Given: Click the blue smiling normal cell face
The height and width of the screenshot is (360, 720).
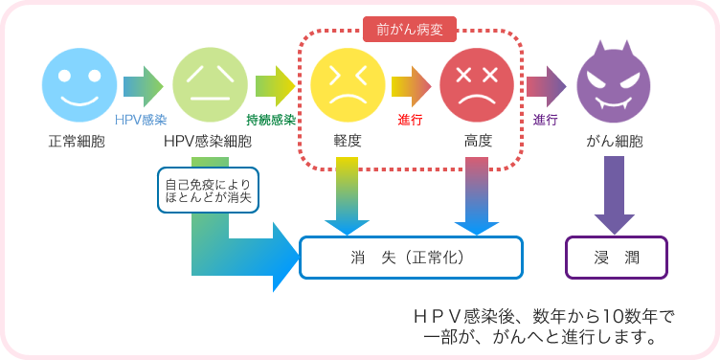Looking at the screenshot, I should click(78, 85).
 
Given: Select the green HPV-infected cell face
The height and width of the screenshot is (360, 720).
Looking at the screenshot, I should click(208, 85).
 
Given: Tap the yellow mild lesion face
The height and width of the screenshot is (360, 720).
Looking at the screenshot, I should click(347, 85).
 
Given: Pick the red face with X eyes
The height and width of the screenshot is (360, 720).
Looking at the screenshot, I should click(477, 85).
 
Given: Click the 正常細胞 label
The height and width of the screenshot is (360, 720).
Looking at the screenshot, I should click(78, 141).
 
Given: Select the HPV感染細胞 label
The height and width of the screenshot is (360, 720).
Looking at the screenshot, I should click(208, 141).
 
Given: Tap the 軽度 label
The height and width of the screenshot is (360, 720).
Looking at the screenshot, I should click(347, 141).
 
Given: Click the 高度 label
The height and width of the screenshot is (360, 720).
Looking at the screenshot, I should click(478, 141).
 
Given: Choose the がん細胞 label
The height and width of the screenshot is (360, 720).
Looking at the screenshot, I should click(614, 141).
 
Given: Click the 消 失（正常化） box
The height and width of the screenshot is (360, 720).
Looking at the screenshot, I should click(412, 258).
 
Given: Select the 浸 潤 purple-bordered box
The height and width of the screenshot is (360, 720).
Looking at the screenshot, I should click(614, 258).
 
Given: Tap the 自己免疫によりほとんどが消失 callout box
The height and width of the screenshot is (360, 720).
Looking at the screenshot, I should click(208, 190).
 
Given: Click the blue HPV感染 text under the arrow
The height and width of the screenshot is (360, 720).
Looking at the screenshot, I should click(141, 120).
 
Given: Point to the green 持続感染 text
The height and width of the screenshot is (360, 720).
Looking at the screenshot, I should click(271, 120).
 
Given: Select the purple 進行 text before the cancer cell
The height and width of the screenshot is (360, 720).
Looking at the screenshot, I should click(546, 120).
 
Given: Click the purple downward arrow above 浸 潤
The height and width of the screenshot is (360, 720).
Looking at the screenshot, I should click(614, 196).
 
